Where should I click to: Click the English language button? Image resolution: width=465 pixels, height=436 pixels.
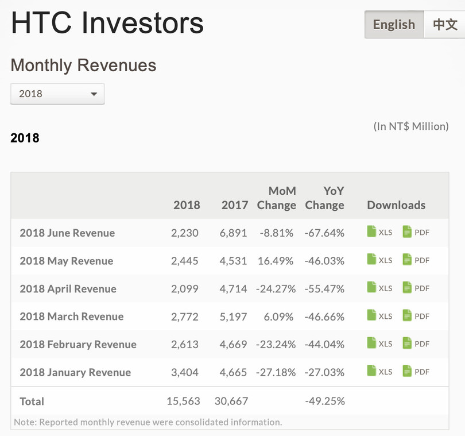pyautogui.click(x=394, y=25)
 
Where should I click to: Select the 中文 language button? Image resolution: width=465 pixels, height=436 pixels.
pyautogui.click(x=445, y=25)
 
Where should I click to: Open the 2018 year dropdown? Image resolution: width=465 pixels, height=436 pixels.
pyautogui.click(x=57, y=94)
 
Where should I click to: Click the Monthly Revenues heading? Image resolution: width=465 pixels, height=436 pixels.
pyautogui.click(x=83, y=65)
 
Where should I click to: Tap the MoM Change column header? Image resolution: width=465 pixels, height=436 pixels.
pyautogui.click(x=277, y=198)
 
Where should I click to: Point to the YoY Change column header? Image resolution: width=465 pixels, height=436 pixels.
pyautogui.click(x=325, y=198)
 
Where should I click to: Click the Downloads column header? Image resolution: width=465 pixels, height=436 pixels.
pyautogui.click(x=396, y=205)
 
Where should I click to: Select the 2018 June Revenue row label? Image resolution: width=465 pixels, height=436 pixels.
pyautogui.click(x=67, y=233)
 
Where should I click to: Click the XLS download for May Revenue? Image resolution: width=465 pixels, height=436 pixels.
pyautogui.click(x=379, y=260)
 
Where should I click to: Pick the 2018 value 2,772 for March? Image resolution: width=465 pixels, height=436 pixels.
pyautogui.click(x=185, y=317)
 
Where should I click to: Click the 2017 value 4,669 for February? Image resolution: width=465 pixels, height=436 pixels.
pyautogui.click(x=233, y=344)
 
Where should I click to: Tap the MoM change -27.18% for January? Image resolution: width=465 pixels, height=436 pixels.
pyautogui.click(x=276, y=372)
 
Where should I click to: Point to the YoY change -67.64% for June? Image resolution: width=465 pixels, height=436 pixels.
pyautogui.click(x=325, y=233)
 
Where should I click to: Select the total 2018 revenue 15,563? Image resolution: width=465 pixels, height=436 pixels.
pyautogui.click(x=183, y=401)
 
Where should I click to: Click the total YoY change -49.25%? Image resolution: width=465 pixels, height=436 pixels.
pyautogui.click(x=325, y=401)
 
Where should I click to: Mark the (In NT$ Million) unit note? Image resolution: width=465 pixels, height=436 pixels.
pyautogui.click(x=410, y=126)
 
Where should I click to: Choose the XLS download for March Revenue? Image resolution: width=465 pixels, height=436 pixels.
pyautogui.click(x=379, y=316)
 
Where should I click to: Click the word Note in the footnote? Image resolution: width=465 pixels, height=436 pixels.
pyautogui.click(x=24, y=422)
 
